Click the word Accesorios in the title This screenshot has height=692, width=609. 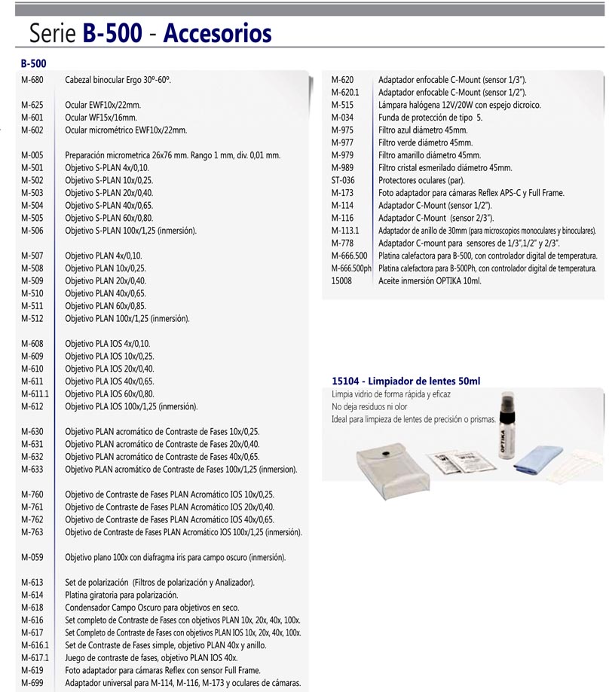click(217, 33)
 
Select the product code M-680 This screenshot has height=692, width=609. click(32, 79)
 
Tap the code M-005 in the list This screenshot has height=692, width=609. click(32, 155)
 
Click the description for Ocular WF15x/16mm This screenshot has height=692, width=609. click(101, 118)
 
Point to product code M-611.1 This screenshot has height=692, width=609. click(35, 394)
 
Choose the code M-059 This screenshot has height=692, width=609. click(32, 558)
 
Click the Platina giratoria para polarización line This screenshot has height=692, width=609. click(121, 596)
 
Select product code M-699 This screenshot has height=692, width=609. click(32, 683)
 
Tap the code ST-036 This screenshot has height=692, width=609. click(344, 180)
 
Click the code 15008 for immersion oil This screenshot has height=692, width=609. click(342, 280)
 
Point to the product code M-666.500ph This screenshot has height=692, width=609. click(351, 268)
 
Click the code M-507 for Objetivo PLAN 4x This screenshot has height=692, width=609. click(32, 256)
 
